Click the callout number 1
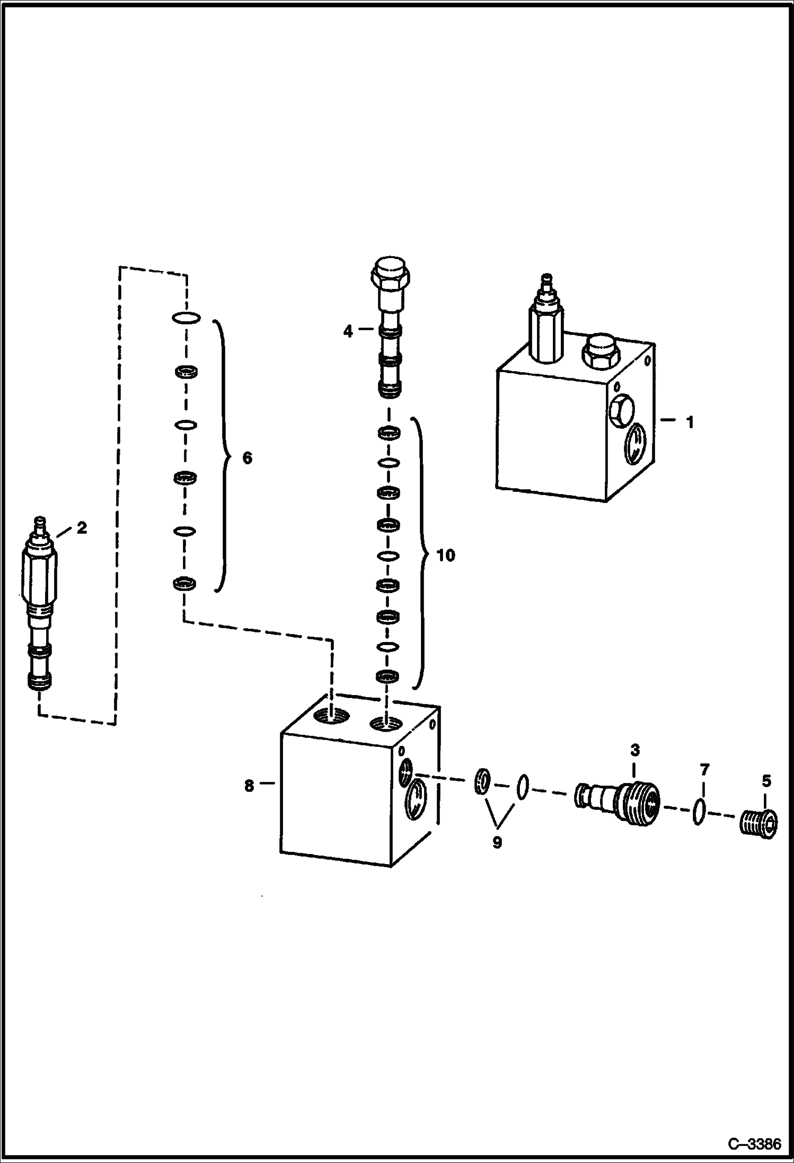coord(690,422)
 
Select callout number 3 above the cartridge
coord(634,750)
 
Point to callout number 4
coord(348,332)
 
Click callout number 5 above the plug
coord(766,781)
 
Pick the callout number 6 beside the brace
coord(247,458)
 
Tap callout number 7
coord(704,769)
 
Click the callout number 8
coord(249,786)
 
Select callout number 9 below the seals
coord(497,842)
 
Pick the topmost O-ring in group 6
coord(186,318)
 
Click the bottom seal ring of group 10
coord(388,676)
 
